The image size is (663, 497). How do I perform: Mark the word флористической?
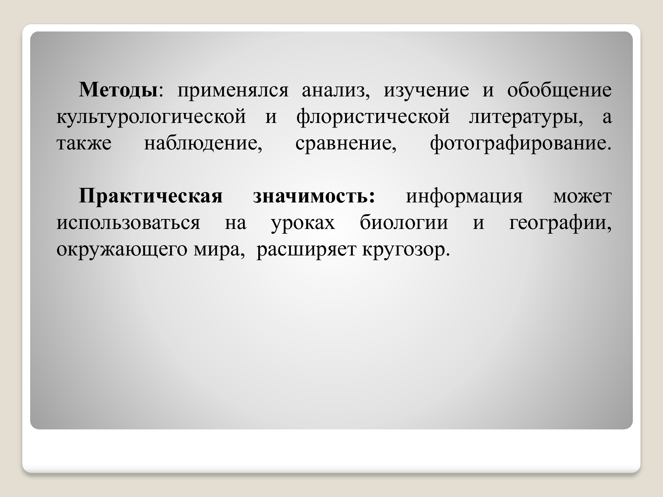click(x=373, y=117)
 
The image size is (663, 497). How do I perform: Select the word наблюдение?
click(x=203, y=144)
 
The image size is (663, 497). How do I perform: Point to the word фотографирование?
click(x=520, y=144)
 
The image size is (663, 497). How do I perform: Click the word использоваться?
click(x=128, y=223)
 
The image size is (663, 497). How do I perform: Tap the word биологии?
click(x=404, y=223)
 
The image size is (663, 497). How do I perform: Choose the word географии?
click(x=560, y=223)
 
